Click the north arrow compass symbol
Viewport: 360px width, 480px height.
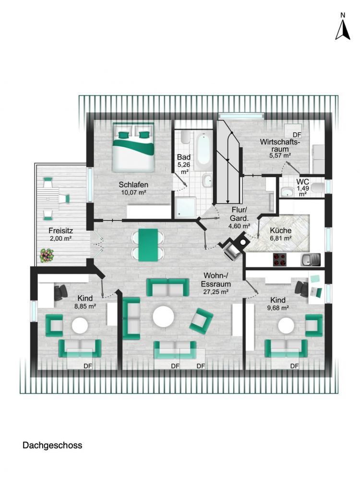342,29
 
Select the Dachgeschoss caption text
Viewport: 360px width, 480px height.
52,445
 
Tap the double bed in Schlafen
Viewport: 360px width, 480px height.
134,147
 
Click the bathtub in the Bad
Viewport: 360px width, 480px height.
202,151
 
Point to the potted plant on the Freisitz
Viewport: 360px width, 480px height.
47,255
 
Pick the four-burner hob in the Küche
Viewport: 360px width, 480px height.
280,260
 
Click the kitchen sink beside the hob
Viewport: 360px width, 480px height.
310,260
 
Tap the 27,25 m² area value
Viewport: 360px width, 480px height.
216,291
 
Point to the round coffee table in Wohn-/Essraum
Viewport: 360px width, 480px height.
164,317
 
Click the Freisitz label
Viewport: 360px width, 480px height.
60,229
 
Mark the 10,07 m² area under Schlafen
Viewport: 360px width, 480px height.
133,192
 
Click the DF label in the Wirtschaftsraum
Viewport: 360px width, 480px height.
297,135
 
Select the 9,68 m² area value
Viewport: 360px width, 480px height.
278,308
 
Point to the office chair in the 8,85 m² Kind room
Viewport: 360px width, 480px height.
61,291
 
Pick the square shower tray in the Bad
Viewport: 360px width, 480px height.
185,207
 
